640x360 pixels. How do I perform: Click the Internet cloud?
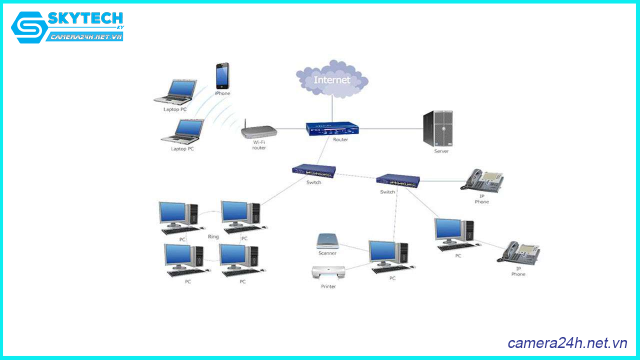tap(332, 79)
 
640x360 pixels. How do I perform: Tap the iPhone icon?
tap(222, 75)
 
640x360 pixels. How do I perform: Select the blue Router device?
tap(332, 129)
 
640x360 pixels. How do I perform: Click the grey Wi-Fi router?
tap(258, 132)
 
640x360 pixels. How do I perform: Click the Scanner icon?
tap(328, 241)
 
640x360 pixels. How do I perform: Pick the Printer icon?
tap(328, 273)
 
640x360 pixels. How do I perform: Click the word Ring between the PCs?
tap(213, 236)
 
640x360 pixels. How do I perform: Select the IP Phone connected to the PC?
tap(518, 252)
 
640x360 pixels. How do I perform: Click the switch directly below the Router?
tap(314, 171)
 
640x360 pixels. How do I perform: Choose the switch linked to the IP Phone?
tap(398, 180)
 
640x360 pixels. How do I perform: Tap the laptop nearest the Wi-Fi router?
tap(182, 131)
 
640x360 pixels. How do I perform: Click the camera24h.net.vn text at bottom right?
tap(567, 343)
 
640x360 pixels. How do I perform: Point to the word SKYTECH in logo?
tap(85, 19)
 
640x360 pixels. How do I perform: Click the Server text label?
tap(441, 151)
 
